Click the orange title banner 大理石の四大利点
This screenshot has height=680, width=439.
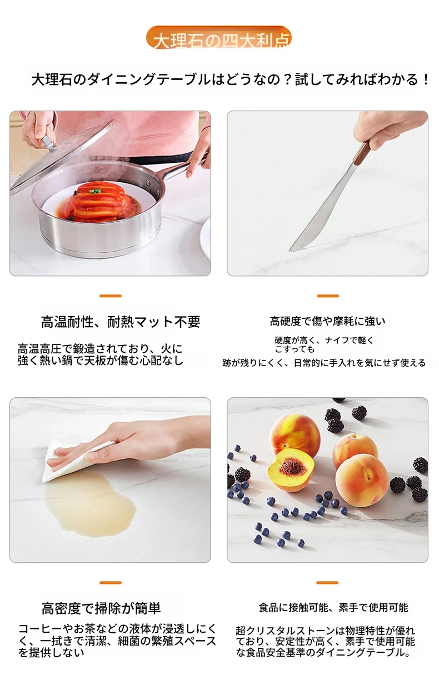click(x=218, y=38)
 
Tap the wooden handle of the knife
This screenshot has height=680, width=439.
click(x=363, y=153)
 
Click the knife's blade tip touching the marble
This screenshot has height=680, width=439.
click(x=290, y=251)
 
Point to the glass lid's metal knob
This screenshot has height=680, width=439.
click(x=48, y=143)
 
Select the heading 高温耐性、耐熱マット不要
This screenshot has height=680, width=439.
click(x=121, y=322)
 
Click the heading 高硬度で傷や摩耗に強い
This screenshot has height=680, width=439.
click(x=327, y=322)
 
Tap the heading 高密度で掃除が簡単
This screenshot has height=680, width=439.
click(x=101, y=608)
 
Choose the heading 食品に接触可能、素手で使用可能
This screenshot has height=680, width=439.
click(x=333, y=607)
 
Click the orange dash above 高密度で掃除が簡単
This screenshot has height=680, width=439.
click(x=111, y=583)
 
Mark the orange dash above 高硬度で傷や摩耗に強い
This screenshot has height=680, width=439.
click(x=328, y=296)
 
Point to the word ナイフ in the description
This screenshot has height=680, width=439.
click(x=337, y=341)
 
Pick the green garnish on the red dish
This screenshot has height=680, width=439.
click(x=96, y=191)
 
